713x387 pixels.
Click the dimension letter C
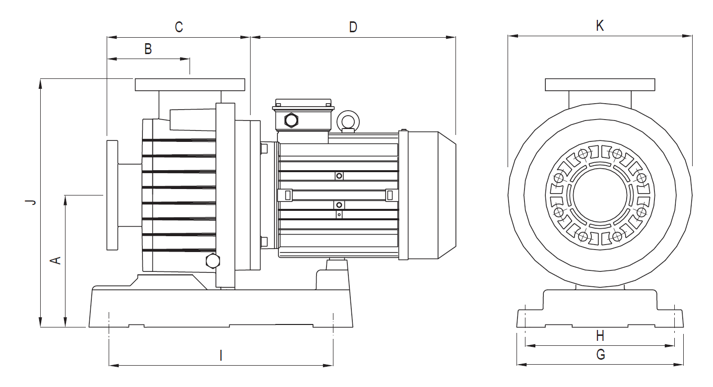[179, 27]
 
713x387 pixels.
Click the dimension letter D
[353, 27]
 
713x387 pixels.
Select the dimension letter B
[148, 49]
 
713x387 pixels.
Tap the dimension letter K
[599, 26]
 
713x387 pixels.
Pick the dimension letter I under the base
[221, 355]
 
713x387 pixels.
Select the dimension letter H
[600, 336]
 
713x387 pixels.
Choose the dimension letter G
[600, 354]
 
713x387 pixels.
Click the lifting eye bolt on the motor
[347, 121]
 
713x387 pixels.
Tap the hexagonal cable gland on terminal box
[291, 120]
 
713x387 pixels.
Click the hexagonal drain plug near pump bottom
[212, 261]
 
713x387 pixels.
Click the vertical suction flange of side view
[112, 195]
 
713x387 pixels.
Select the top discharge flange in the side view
[190, 85]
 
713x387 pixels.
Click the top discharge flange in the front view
[600, 85]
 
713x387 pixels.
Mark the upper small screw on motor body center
[339, 176]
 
